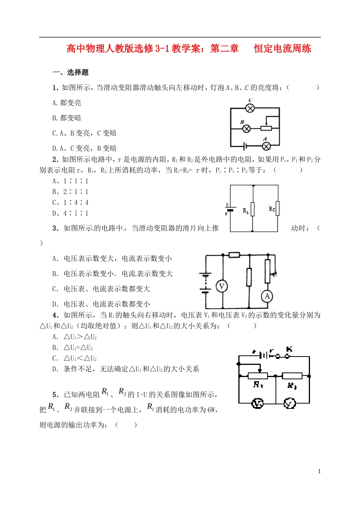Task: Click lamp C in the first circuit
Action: pyautogui.click(x=250, y=108)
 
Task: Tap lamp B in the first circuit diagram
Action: pyautogui.click(x=246, y=129)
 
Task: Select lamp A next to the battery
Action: pyautogui.click(x=266, y=146)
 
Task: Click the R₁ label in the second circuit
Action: pyautogui.click(x=246, y=211)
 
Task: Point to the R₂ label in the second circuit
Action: pyautogui.click(x=272, y=209)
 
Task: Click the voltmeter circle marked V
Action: pyautogui.click(x=222, y=286)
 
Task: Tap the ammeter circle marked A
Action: pyautogui.click(x=267, y=296)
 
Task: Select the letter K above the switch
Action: pyautogui.click(x=289, y=349)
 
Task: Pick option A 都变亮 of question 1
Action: pyautogui.click(x=67, y=103)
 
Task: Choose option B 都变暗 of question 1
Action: pyautogui.click(x=67, y=118)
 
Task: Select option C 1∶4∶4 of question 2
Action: pyautogui.click(x=70, y=203)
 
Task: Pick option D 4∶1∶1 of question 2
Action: pyautogui.click(x=70, y=213)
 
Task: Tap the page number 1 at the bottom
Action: pyautogui.click(x=319, y=471)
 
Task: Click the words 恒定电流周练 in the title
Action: pyautogui.click(x=282, y=49)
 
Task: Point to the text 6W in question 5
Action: pyautogui.click(x=211, y=410)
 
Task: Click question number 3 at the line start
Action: pyautogui.click(x=55, y=228)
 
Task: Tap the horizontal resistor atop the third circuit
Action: pyautogui.click(x=234, y=255)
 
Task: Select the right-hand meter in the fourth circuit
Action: pyautogui.click(x=290, y=403)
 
